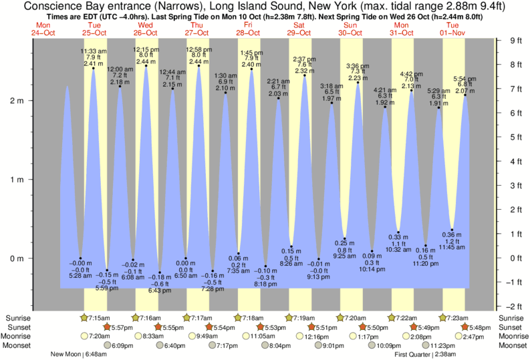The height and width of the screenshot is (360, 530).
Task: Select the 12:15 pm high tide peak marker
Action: pyautogui.click(x=146, y=66)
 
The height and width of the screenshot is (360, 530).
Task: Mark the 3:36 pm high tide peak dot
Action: pyautogui.click(x=358, y=83)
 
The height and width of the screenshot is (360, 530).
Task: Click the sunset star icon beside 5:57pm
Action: pyautogui.click(x=108, y=327)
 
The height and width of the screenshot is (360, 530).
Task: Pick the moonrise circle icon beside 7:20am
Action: pyautogui.click(x=84, y=336)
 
